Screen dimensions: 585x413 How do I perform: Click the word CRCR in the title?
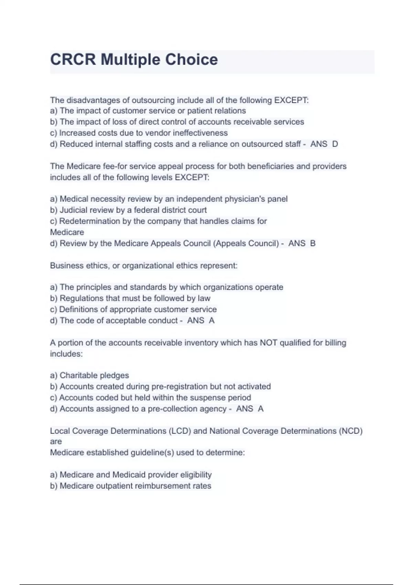coord(73,60)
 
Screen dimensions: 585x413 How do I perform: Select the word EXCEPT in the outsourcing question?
coord(291,100)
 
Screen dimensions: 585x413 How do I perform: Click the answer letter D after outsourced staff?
coord(335,144)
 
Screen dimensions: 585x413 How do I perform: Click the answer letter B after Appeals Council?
coord(313,243)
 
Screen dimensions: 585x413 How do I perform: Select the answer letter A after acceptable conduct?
coord(212,321)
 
